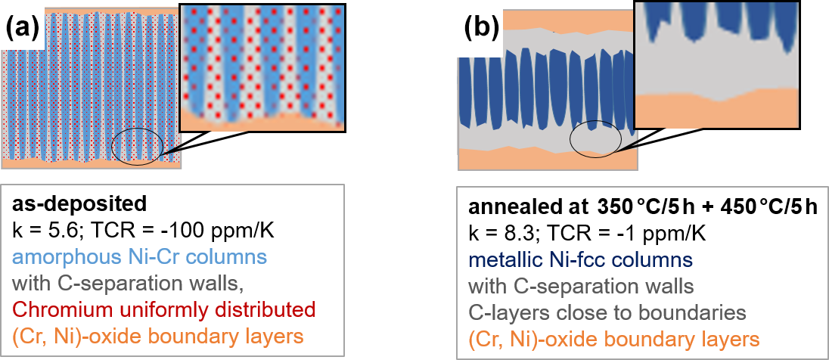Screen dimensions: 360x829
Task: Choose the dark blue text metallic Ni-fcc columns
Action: tap(580, 259)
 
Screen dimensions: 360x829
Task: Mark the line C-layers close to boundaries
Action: tap(607, 311)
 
